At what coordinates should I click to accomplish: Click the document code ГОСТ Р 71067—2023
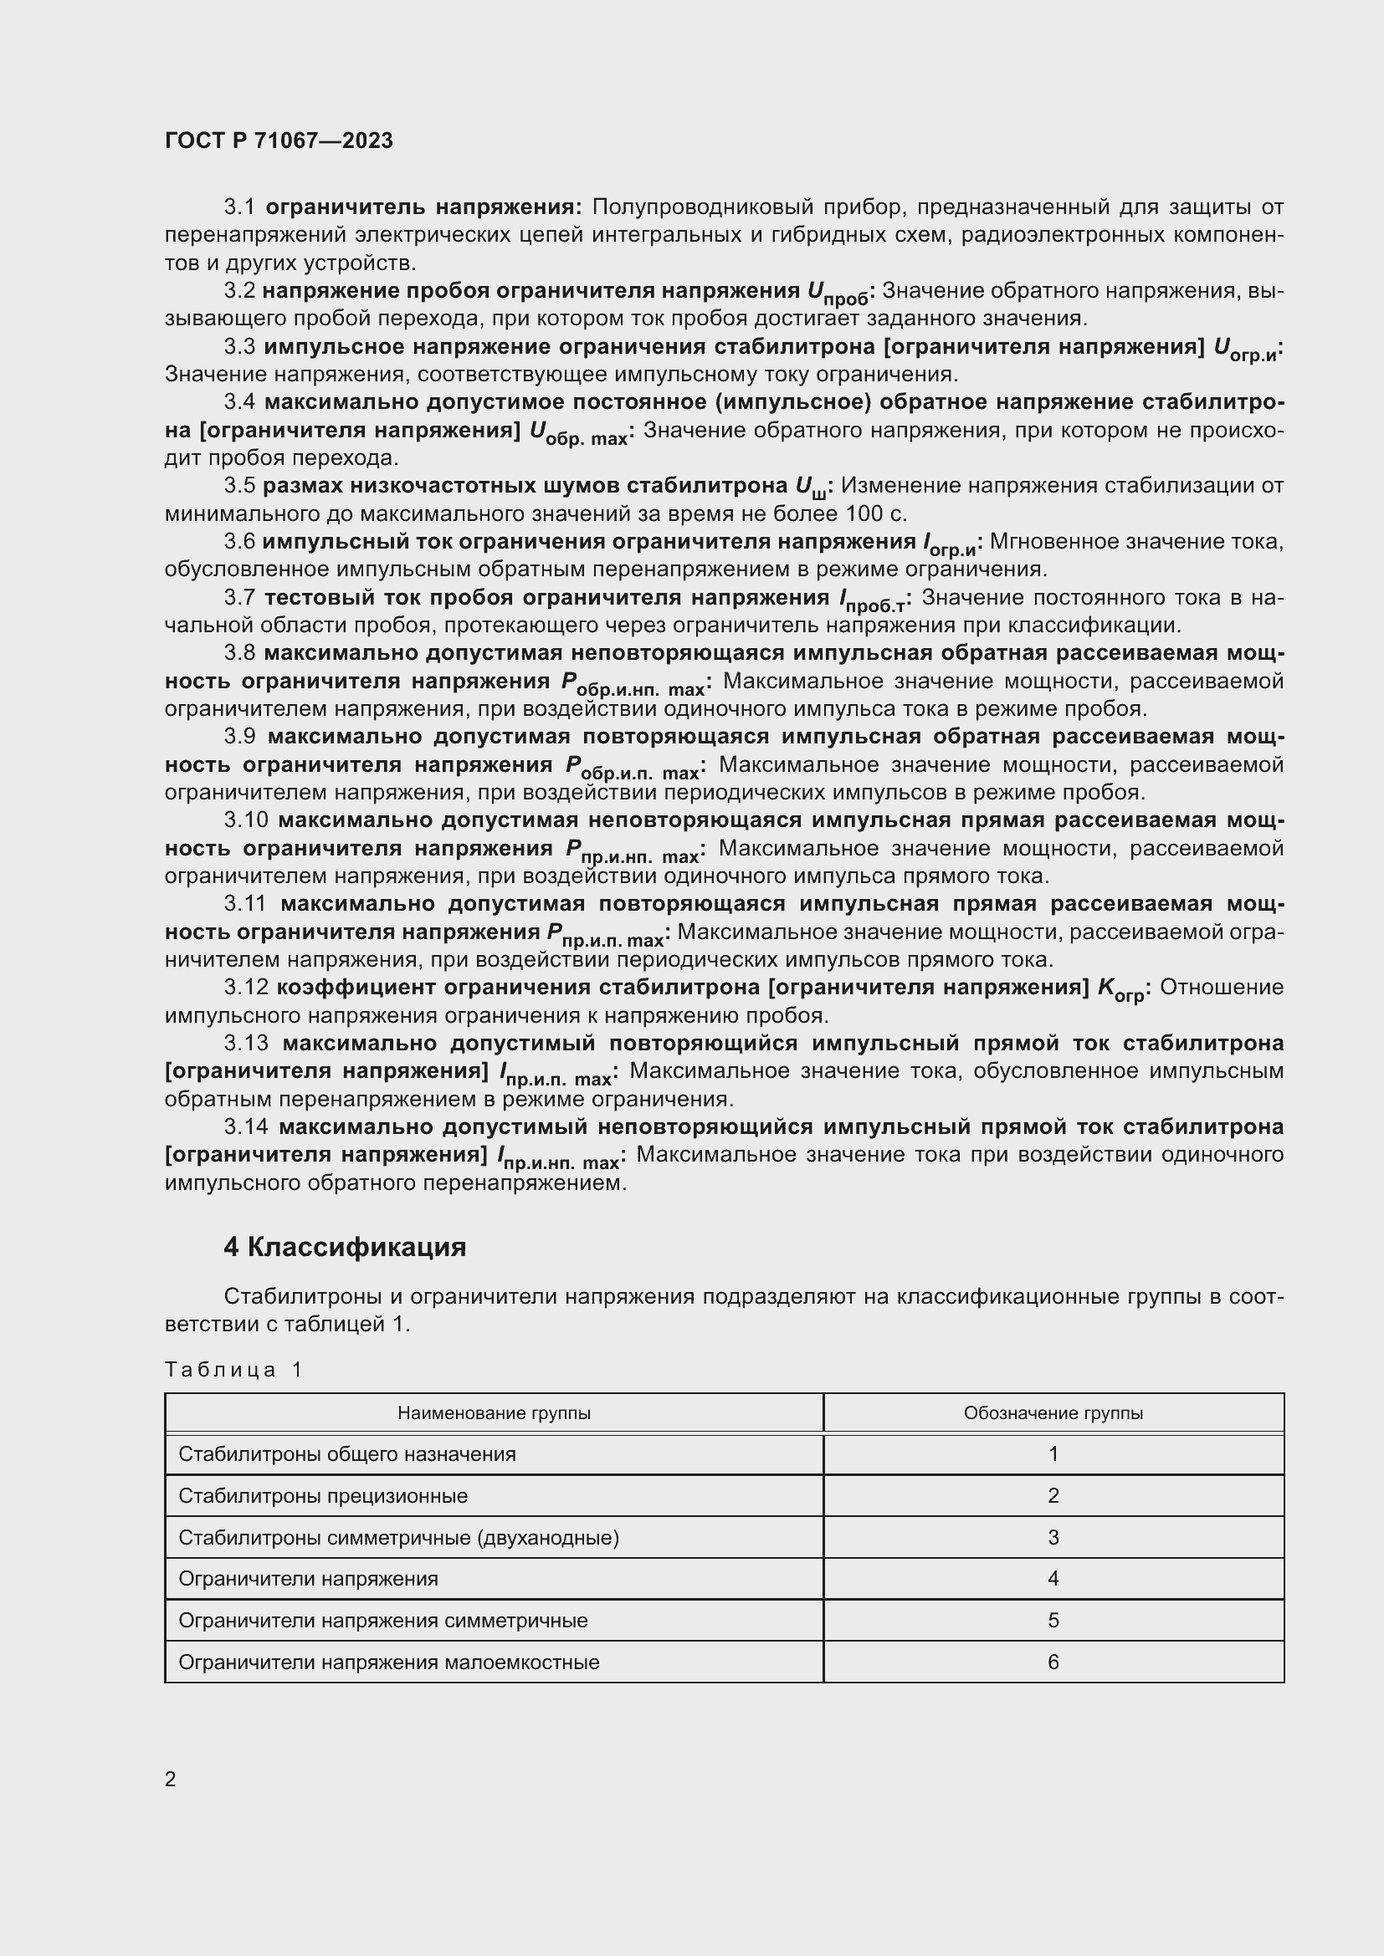(279, 140)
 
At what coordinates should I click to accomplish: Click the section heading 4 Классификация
(344, 1246)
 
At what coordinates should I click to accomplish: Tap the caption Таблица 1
(233, 1369)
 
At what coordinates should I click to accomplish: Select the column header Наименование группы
(494, 1412)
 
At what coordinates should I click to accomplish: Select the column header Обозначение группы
(1053, 1412)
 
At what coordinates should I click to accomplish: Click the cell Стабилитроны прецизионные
(323, 1495)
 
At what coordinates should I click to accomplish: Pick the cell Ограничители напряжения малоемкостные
(388, 1662)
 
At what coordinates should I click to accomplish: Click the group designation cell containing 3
(1053, 1537)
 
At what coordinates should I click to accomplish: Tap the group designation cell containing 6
(1053, 1662)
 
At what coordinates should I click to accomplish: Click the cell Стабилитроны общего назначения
(347, 1453)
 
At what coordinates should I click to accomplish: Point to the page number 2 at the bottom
(171, 1779)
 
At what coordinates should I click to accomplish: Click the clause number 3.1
(239, 207)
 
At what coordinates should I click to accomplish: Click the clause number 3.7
(239, 597)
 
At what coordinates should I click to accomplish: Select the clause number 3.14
(245, 1126)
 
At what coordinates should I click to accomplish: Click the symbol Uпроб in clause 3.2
(837, 293)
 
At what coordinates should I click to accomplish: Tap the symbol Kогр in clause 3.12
(1120, 990)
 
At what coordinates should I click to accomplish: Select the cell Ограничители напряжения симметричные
(382, 1620)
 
